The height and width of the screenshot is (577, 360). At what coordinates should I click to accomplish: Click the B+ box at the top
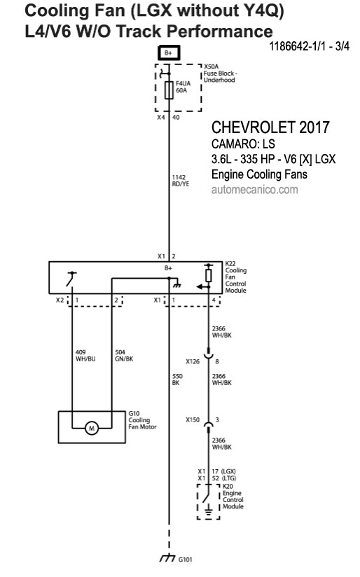[x=169, y=53]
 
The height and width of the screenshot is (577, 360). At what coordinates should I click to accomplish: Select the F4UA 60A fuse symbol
[x=169, y=90]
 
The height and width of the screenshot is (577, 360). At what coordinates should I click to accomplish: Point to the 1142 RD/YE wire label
[x=181, y=181]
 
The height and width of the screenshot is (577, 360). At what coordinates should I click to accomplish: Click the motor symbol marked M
[x=92, y=428]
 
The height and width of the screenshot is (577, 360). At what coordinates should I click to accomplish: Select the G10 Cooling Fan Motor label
[x=142, y=420]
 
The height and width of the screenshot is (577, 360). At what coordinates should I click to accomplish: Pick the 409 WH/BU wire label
[x=85, y=356]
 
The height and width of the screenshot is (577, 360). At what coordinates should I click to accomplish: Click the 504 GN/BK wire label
[x=124, y=356]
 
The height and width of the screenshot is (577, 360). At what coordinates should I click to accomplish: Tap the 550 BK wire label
[x=177, y=380]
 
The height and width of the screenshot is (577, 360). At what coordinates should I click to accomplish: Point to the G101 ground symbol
[x=168, y=557]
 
